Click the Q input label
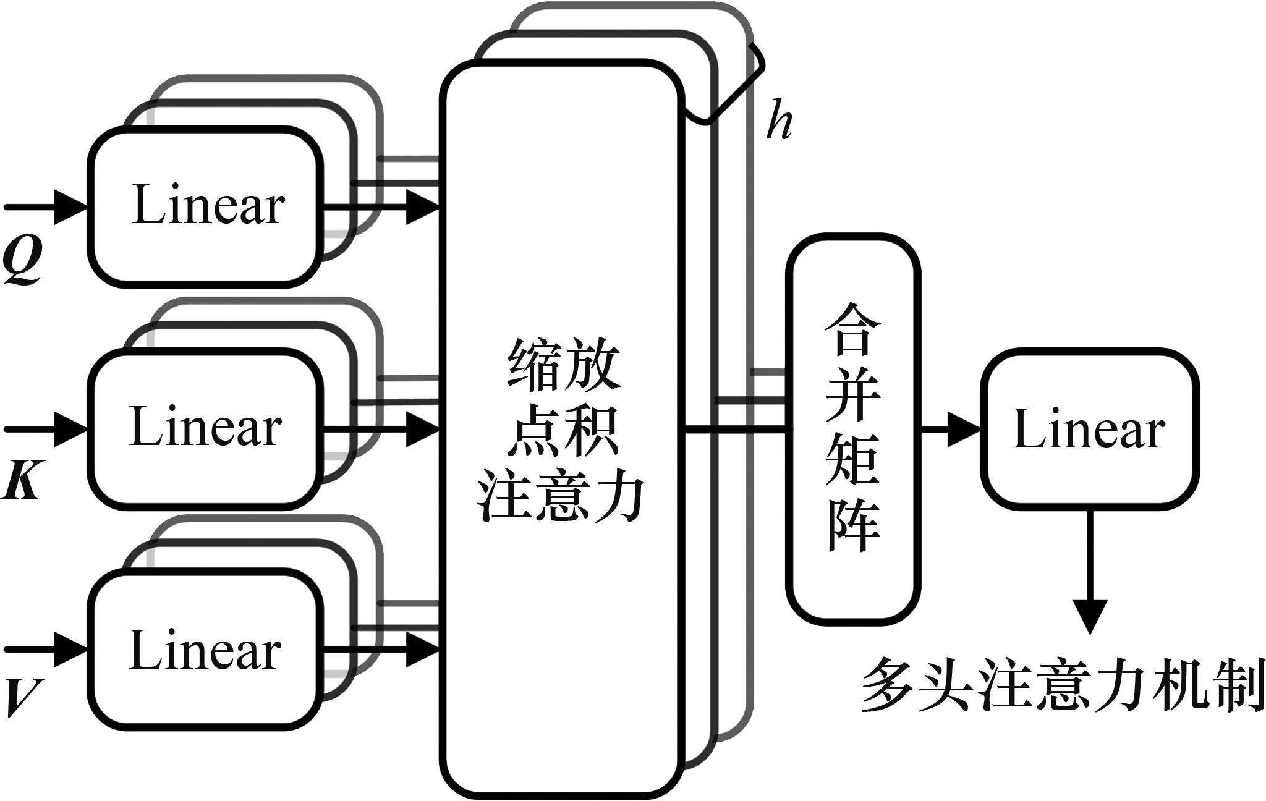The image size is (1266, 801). tap(22, 260)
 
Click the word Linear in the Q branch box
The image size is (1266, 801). tap(208, 206)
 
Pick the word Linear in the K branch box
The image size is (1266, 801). tap(206, 428)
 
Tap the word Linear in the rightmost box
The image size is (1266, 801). tap(1089, 430)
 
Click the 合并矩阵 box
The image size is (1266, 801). tap(852, 429)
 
